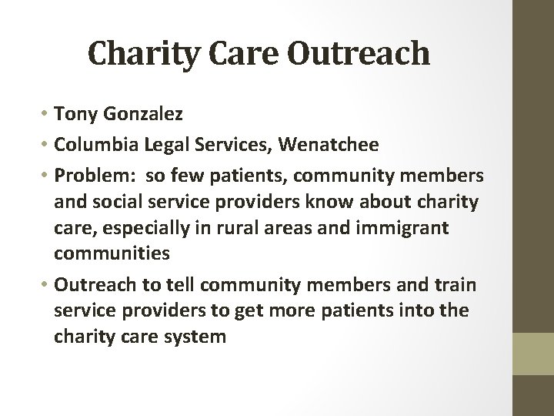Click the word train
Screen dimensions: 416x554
click(x=456, y=285)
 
